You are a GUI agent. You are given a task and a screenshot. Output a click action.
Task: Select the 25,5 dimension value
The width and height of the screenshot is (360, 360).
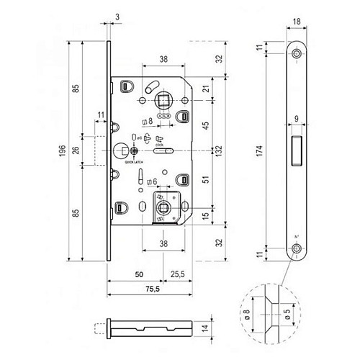pyautogui.click(x=179, y=274)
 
